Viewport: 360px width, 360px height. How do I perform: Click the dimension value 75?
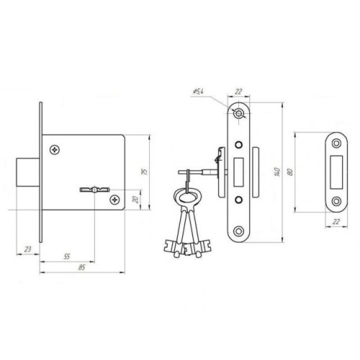pos(145,172)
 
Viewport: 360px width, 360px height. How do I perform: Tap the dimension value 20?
pos(136,199)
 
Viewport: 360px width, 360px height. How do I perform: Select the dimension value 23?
pos(28,249)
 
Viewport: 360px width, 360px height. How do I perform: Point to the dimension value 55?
pos(67,256)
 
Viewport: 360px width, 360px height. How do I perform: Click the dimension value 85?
pos(82,267)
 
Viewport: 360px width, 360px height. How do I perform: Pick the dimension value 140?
pos(277,172)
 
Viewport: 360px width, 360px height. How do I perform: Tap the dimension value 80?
pos(290,172)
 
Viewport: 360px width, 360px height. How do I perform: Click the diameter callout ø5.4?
pos(198,91)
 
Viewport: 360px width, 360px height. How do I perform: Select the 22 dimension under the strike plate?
pos(336,222)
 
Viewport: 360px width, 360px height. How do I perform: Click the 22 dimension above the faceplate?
pos(238,91)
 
